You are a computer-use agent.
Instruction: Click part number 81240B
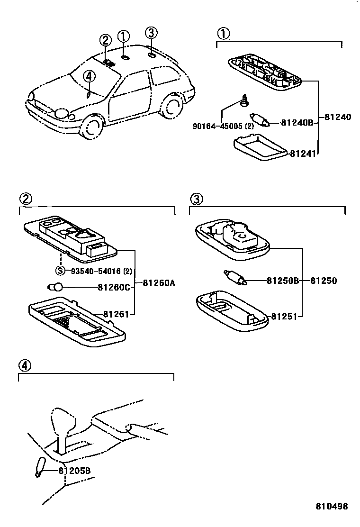297,123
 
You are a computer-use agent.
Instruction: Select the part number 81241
303,153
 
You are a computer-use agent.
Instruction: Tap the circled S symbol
60,271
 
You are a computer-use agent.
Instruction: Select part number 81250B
282,281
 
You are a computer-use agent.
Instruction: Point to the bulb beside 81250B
235,278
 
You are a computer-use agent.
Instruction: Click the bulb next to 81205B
40,466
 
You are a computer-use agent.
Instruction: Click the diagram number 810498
332,506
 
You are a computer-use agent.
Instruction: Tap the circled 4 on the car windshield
89,76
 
